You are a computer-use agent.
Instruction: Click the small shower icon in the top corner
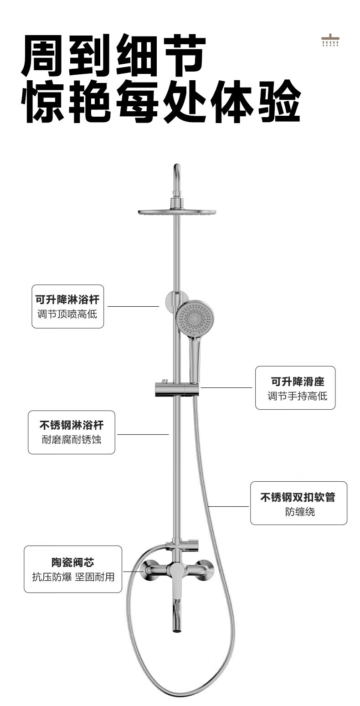(x=330, y=40)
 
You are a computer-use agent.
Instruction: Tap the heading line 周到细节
(x=114, y=56)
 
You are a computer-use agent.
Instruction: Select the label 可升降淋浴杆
(x=67, y=299)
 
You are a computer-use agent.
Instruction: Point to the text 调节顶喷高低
(x=67, y=314)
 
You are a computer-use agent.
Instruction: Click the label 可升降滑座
(x=297, y=381)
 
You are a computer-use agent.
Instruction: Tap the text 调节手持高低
(x=297, y=396)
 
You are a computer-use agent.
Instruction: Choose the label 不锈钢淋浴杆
(x=72, y=425)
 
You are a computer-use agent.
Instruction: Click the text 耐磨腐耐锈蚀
(x=72, y=440)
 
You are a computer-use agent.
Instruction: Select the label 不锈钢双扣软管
(x=298, y=497)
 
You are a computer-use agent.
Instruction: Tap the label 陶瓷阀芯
(x=73, y=562)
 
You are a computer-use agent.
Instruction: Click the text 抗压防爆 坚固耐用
(x=73, y=577)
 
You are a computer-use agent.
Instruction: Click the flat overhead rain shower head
(x=177, y=211)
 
